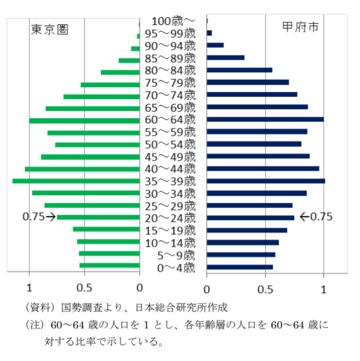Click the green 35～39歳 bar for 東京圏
tap(76, 181)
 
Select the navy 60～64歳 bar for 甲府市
tap(265, 119)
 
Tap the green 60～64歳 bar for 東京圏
tap(84, 120)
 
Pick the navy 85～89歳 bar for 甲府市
tap(225, 58)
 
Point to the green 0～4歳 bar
tap(110, 266)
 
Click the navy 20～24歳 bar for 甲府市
tap(250, 217)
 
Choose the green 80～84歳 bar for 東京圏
tap(120, 72)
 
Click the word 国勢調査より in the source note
tap(88, 308)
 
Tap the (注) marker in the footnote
tap(34, 326)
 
